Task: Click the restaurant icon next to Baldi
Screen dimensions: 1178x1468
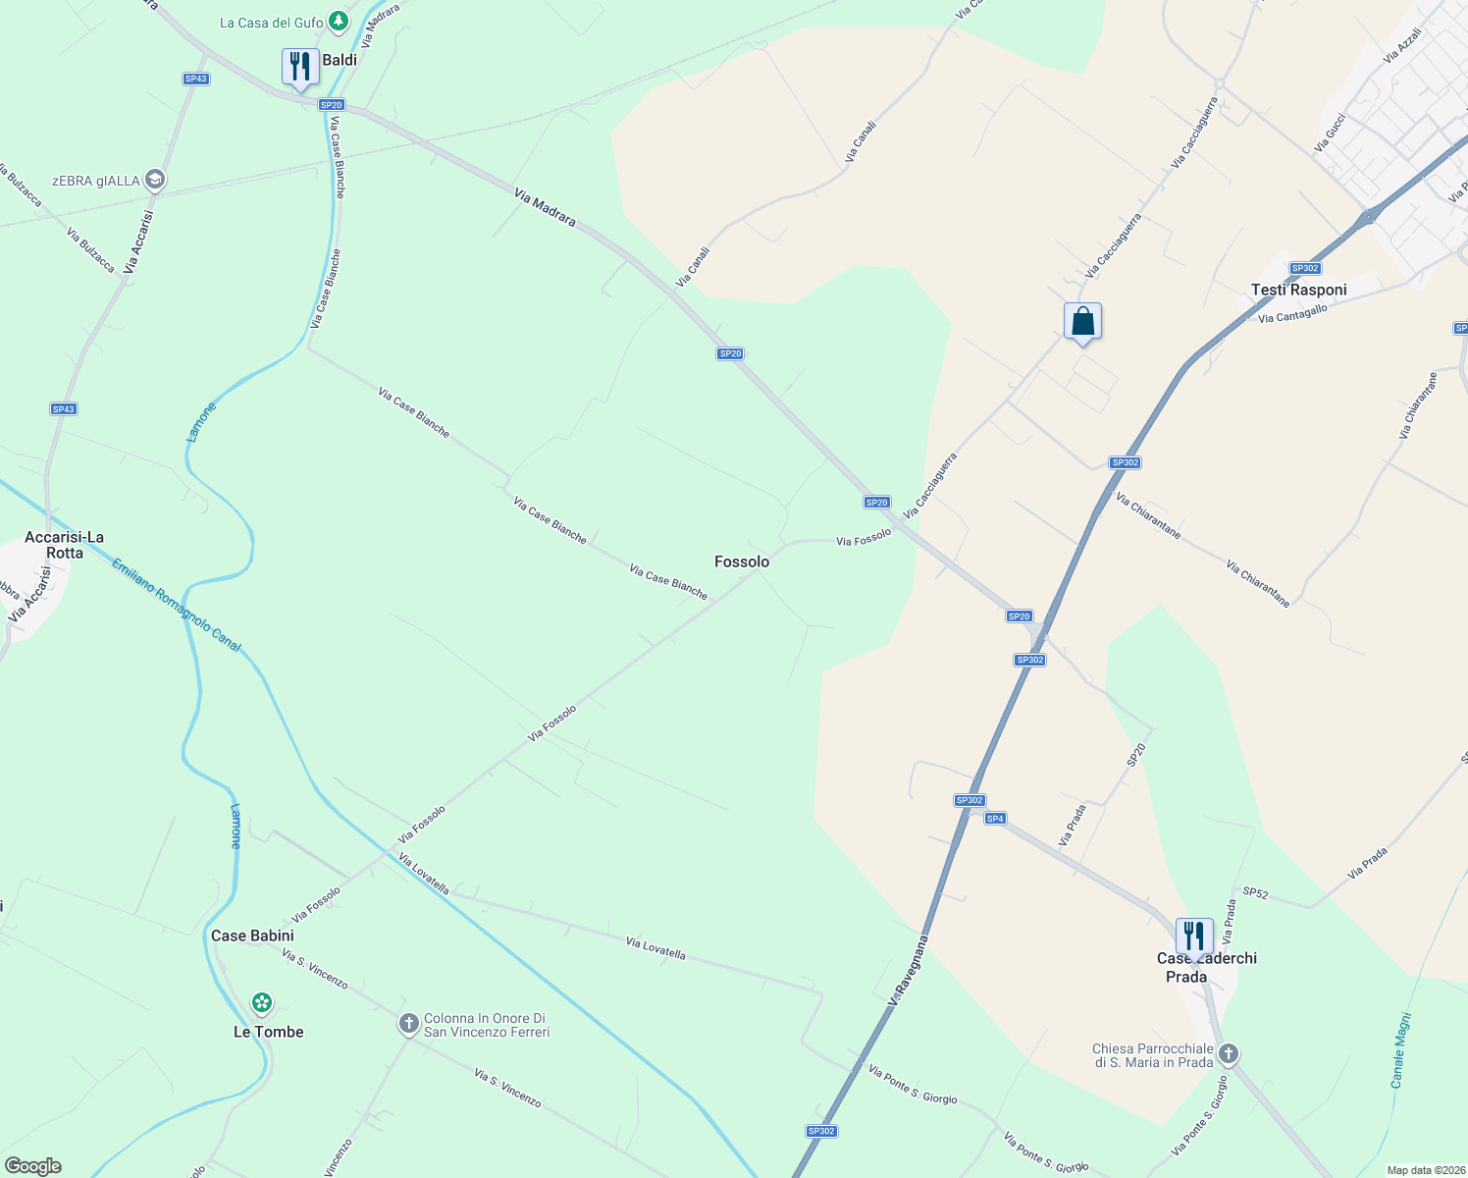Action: pyautogui.click(x=300, y=67)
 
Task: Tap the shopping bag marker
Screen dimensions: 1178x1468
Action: pyautogui.click(x=1082, y=321)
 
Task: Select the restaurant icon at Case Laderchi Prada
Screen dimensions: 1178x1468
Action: pyautogui.click(x=1194, y=937)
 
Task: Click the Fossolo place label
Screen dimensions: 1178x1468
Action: pyautogui.click(x=742, y=562)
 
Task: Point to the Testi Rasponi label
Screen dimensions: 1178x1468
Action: pyautogui.click(x=1298, y=290)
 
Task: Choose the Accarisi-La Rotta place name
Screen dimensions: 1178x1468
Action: pyautogui.click(x=65, y=545)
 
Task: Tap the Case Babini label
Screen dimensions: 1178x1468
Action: pyautogui.click(x=252, y=936)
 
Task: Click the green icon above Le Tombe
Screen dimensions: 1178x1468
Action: pyautogui.click(x=261, y=1002)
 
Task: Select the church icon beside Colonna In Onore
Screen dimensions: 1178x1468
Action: pyautogui.click(x=409, y=1024)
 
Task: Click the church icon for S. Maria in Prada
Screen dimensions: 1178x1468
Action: pyautogui.click(x=1228, y=1055)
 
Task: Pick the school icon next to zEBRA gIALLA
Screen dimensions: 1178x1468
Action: pyautogui.click(x=154, y=180)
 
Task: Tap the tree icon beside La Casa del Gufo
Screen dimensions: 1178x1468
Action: pyautogui.click(x=339, y=21)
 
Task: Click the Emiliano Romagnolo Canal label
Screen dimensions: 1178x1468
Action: pyautogui.click(x=176, y=605)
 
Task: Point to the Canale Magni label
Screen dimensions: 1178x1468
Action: pyautogui.click(x=1400, y=1050)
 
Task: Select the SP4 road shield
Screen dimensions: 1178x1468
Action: pyautogui.click(x=995, y=819)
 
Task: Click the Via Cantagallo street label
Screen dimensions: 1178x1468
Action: pyautogui.click(x=1292, y=314)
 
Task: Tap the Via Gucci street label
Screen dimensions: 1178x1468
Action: pyautogui.click(x=1330, y=134)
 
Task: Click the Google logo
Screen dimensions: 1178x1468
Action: pyautogui.click(x=33, y=1166)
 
